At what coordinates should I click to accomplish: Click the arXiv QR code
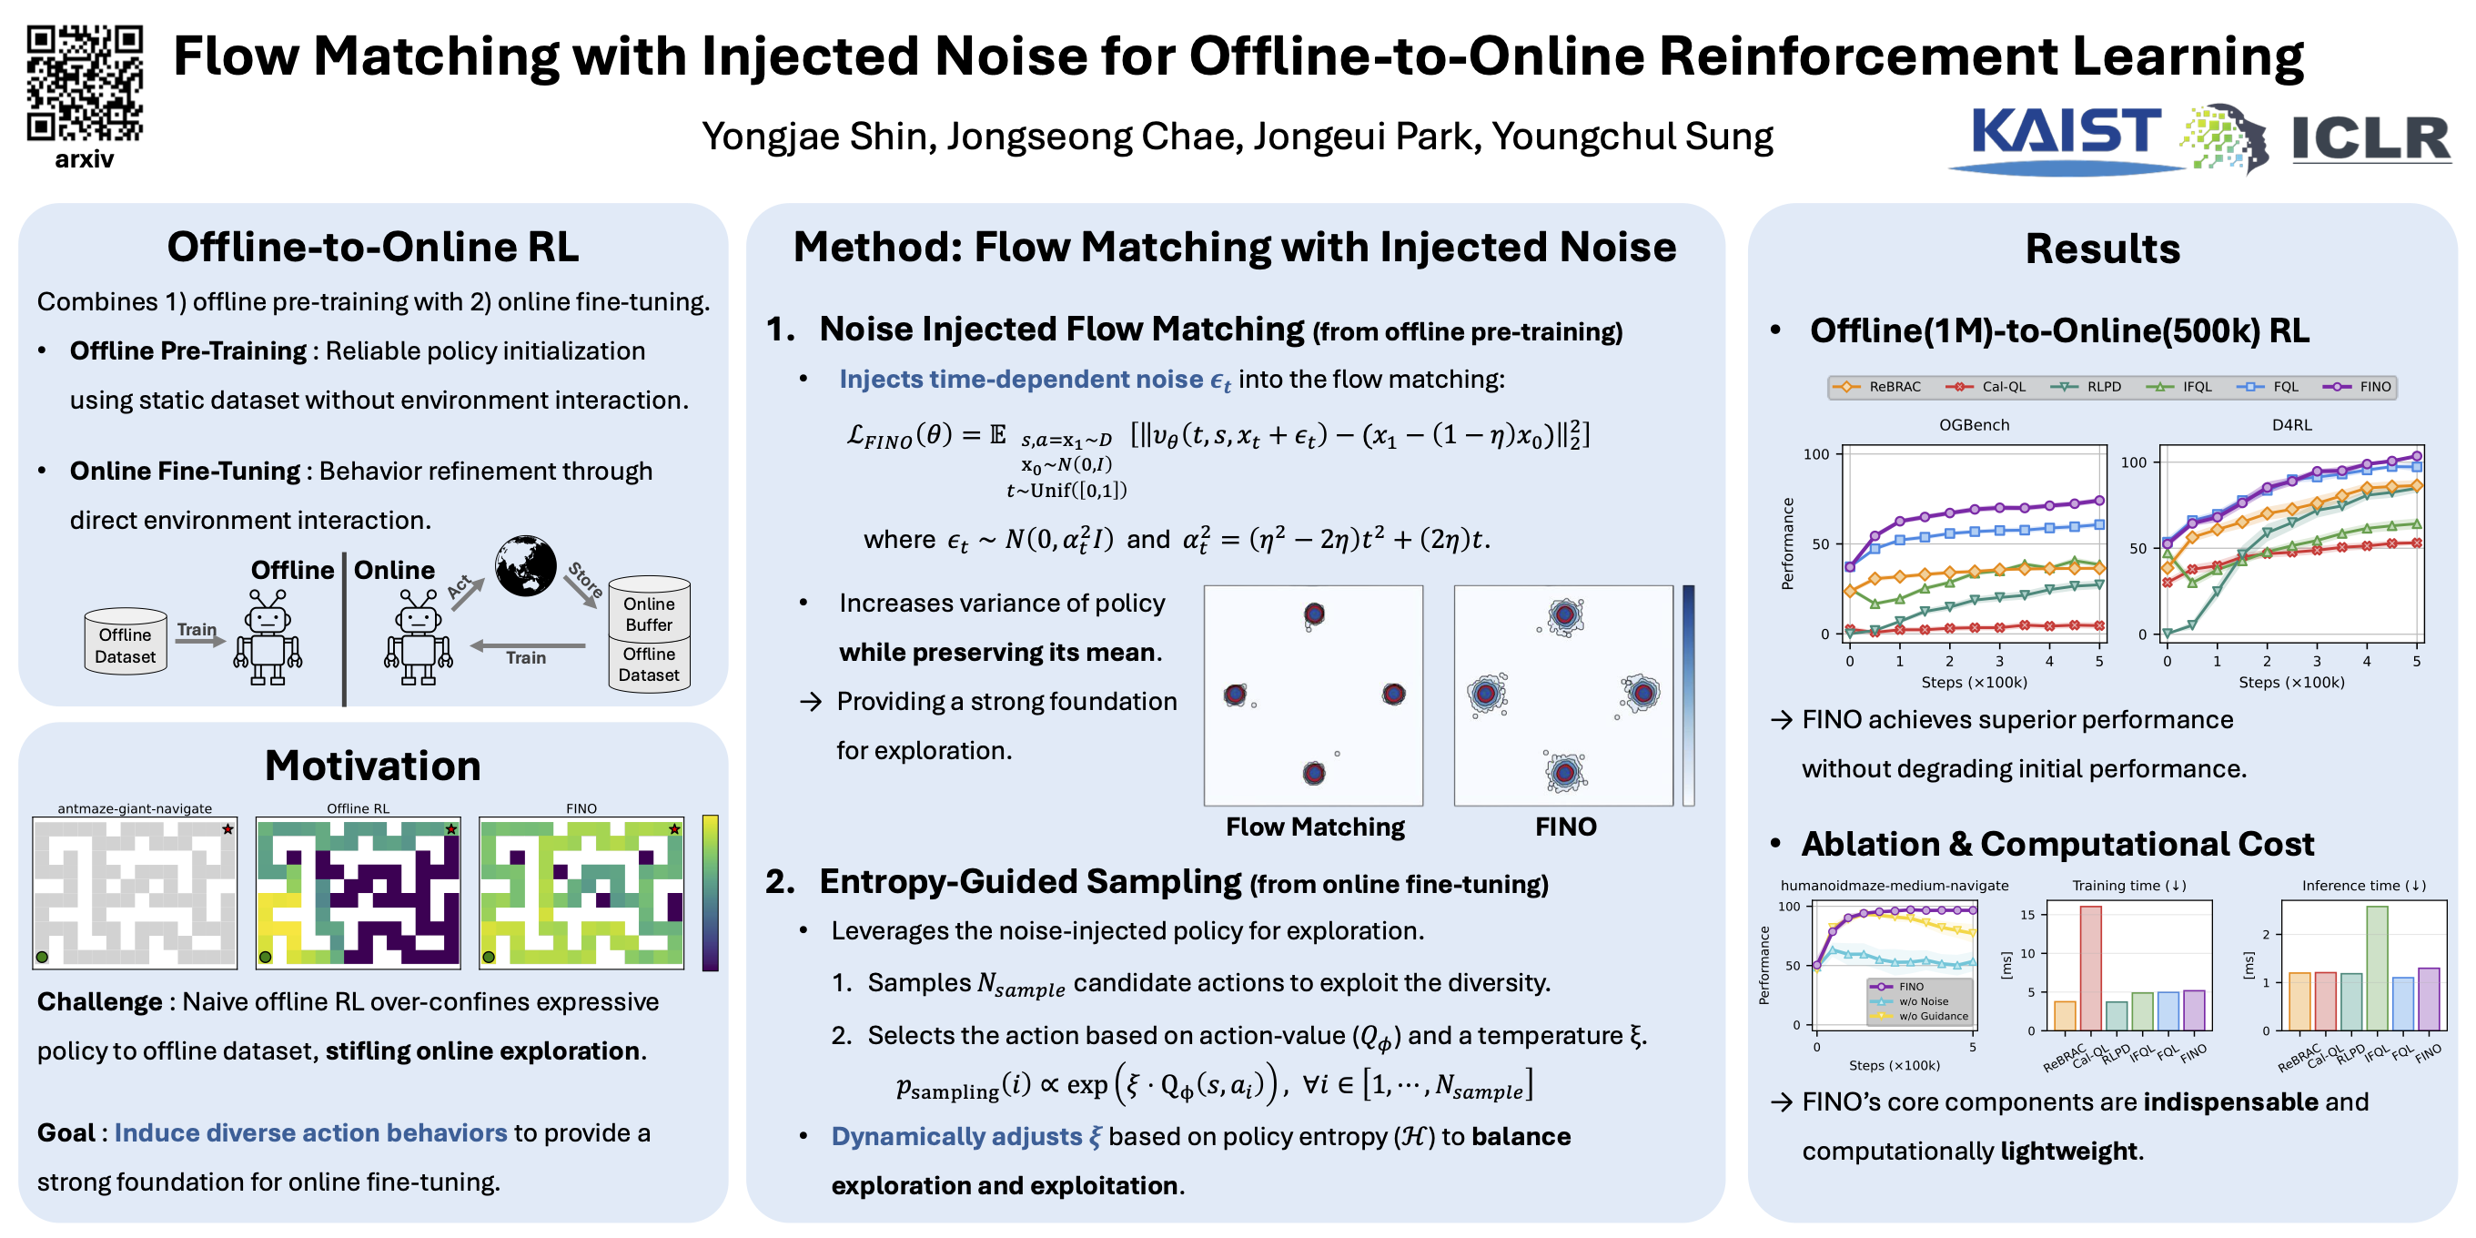(85, 83)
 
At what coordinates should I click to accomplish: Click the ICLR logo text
(2371, 138)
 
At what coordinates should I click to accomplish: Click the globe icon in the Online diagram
(525, 565)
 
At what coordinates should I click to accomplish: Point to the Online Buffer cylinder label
(649, 614)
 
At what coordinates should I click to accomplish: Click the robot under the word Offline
(268, 636)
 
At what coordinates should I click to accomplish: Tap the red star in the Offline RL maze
(450, 828)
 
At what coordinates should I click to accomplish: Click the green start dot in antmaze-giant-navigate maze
(42, 957)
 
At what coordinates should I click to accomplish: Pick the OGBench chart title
(1974, 425)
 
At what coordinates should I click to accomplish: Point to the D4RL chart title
(2291, 425)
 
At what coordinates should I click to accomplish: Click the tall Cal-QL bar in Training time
(2089, 967)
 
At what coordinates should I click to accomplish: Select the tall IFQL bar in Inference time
(2376, 968)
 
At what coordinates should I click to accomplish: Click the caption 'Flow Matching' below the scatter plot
(1315, 827)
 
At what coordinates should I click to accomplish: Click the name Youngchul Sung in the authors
(1632, 137)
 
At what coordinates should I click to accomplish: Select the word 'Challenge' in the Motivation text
(100, 1001)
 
